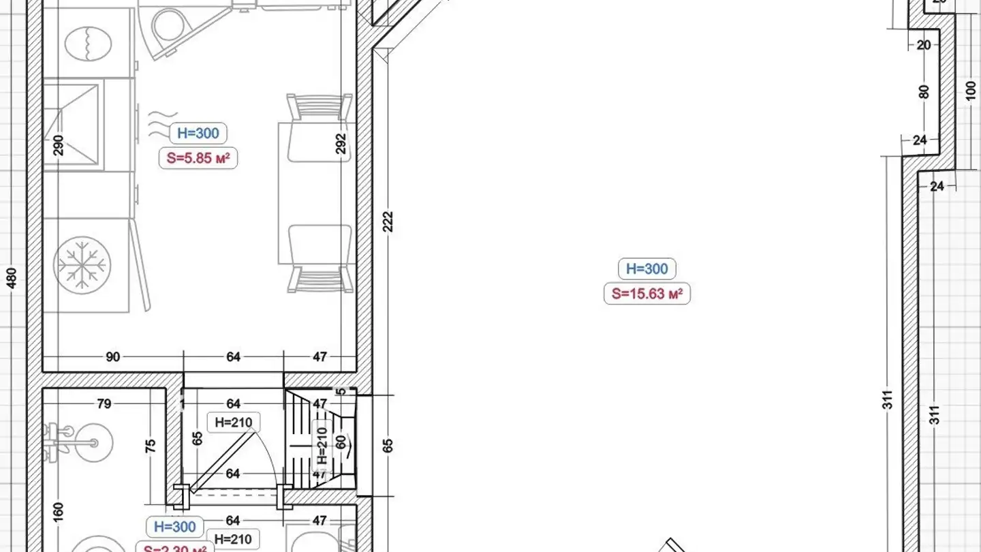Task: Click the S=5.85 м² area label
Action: [198, 159]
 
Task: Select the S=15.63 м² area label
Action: [647, 294]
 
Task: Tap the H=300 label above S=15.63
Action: [647, 269]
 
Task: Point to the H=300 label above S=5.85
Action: [198, 134]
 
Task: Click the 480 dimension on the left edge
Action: [12, 278]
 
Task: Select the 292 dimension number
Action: [341, 144]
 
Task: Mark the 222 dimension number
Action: [388, 221]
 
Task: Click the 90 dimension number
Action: [113, 356]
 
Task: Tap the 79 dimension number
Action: [104, 404]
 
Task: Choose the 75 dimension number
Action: [151, 446]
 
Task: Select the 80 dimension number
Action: [924, 91]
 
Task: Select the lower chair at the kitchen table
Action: [319, 259]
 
